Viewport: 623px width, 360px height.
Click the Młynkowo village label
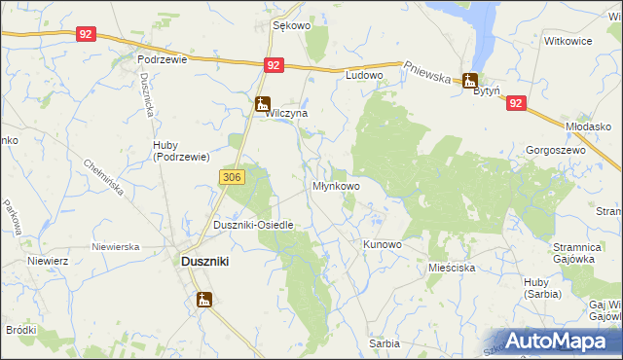click(336, 185)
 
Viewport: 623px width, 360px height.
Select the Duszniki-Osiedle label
click(253, 225)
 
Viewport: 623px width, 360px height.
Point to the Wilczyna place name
click(287, 114)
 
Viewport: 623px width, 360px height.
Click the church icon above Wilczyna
click(262, 102)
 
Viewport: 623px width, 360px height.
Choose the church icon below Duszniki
click(204, 299)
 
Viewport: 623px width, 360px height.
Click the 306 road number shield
click(231, 176)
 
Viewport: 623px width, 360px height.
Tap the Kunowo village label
click(382, 244)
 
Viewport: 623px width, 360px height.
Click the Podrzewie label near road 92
click(162, 58)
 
